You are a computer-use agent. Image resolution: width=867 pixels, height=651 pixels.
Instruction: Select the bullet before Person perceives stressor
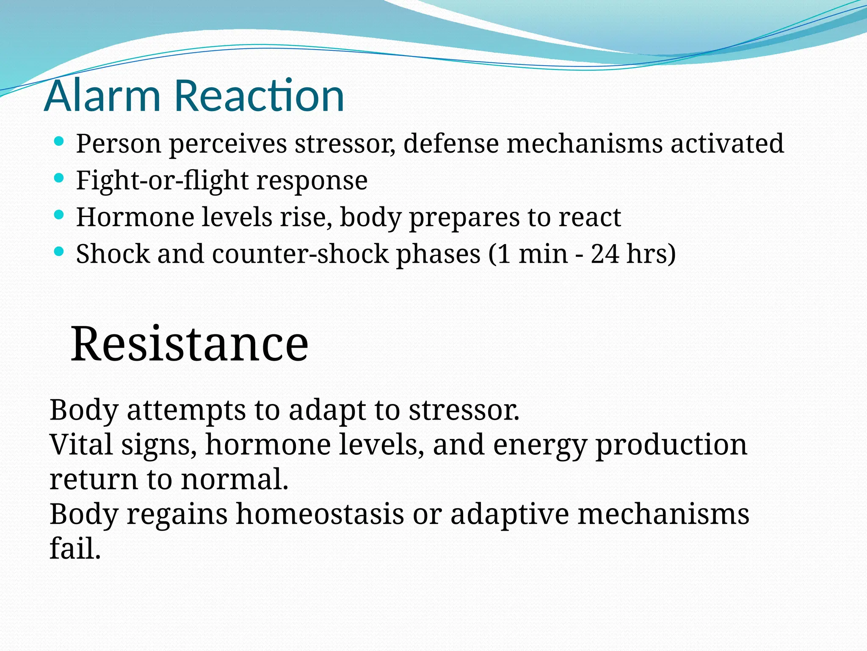pyautogui.click(x=59, y=141)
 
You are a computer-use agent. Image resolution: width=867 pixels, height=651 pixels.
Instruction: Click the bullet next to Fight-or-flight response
pyautogui.click(x=59, y=178)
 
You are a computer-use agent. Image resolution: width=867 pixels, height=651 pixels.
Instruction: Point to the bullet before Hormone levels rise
pyautogui.click(x=59, y=215)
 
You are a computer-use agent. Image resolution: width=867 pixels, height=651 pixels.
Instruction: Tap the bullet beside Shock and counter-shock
pyautogui.click(x=59, y=252)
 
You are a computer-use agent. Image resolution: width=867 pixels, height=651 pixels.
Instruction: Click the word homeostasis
pyautogui.click(x=320, y=514)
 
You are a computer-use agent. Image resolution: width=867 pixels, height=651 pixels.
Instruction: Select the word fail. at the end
pyautogui.click(x=75, y=548)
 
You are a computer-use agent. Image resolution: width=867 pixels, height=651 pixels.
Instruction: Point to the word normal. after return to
pyautogui.click(x=235, y=479)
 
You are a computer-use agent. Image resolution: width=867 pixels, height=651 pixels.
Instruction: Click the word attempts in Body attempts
pyautogui.click(x=186, y=411)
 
